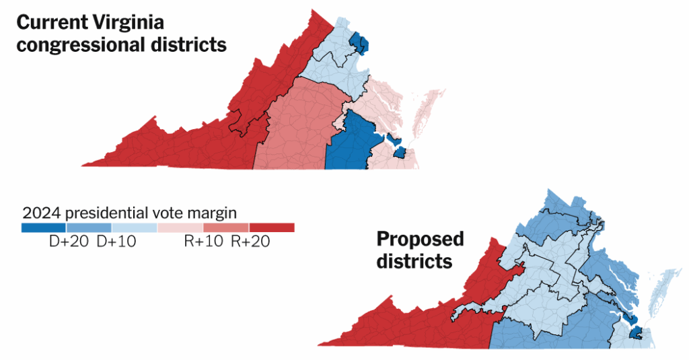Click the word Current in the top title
50,22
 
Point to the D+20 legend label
67,242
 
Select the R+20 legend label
250,242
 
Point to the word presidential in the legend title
106,213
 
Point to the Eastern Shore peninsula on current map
428,111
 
